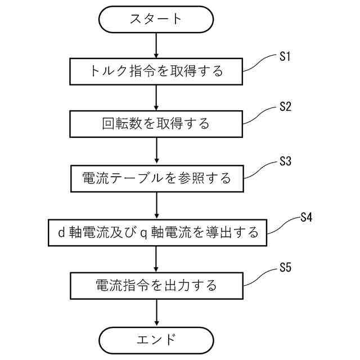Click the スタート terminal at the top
[x=156, y=19]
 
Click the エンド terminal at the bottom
[x=156, y=340]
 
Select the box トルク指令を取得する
[x=156, y=71]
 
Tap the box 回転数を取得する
[x=156, y=123]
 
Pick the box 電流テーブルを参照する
[x=156, y=179]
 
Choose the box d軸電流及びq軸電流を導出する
[x=156, y=232]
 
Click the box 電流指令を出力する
[x=156, y=285]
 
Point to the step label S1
[x=285, y=56]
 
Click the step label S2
[x=285, y=107]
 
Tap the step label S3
[x=285, y=162]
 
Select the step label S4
[x=306, y=217]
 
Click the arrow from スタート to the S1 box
[x=156, y=45]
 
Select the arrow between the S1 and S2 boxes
[x=156, y=97]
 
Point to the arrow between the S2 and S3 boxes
[x=156, y=151]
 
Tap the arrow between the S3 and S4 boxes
[x=156, y=205]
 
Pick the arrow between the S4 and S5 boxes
[x=156, y=259]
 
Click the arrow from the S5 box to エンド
[x=156, y=312]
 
